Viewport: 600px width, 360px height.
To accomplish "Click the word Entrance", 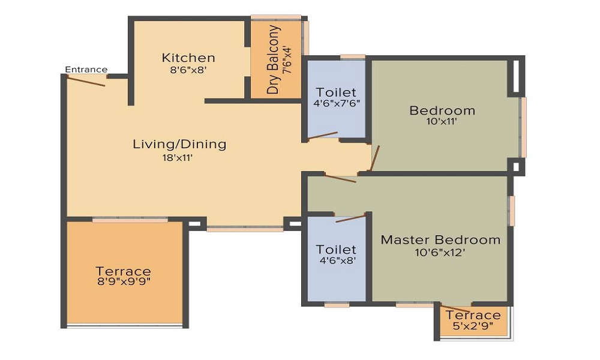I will [x=86, y=70].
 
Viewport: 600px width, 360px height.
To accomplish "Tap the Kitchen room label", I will [x=188, y=58].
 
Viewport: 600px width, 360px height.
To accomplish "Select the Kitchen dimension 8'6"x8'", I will [x=188, y=70].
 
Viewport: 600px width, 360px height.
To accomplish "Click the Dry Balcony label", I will [x=274, y=60].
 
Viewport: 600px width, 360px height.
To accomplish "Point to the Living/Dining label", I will [x=179, y=144].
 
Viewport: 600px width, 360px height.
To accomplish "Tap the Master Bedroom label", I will [x=441, y=240].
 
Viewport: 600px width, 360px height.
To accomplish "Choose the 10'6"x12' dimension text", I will [x=440, y=253].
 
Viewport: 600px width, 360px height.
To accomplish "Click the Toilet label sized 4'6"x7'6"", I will [x=336, y=92].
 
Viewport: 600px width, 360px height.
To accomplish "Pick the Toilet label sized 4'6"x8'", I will [x=336, y=249].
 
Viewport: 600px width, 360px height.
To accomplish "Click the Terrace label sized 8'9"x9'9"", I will [x=123, y=271].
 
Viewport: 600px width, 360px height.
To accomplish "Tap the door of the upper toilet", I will [x=323, y=136].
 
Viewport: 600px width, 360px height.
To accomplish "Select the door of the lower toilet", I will [x=350, y=217].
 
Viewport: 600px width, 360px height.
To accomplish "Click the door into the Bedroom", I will [x=375, y=158].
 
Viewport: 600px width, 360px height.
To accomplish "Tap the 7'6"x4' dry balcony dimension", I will [x=287, y=60].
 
